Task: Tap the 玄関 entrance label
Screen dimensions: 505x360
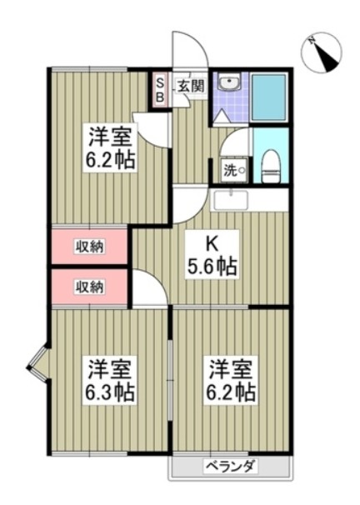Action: click(x=189, y=85)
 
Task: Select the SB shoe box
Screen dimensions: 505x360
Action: click(x=162, y=90)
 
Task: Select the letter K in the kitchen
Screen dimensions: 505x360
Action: click(x=212, y=243)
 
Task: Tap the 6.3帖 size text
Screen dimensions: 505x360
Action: click(x=109, y=392)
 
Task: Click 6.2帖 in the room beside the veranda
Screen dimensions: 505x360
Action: click(x=231, y=392)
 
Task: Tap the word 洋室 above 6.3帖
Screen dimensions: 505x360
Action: click(x=109, y=367)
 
